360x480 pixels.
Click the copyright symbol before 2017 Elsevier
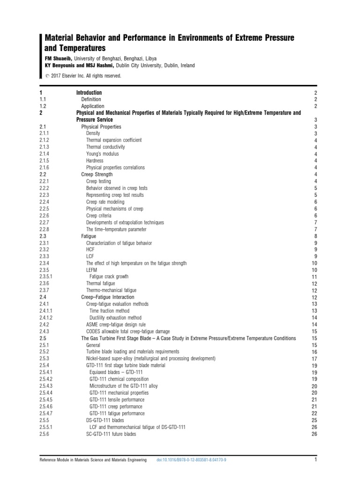(x=47, y=76)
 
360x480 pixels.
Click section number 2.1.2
(x=45, y=140)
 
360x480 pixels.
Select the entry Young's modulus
(x=102, y=154)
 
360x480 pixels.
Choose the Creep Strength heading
(x=97, y=174)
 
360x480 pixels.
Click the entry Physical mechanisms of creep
(x=114, y=209)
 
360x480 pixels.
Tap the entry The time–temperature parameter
(x=116, y=229)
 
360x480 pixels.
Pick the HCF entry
(x=90, y=250)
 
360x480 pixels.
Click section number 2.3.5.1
(x=47, y=277)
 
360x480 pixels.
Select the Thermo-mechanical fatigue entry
(x=112, y=291)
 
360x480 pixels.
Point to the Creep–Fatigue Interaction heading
(x=107, y=297)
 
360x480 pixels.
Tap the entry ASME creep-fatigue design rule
(x=121, y=325)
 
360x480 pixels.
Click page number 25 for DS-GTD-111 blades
(x=315, y=420)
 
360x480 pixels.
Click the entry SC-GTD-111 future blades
(x=111, y=434)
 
